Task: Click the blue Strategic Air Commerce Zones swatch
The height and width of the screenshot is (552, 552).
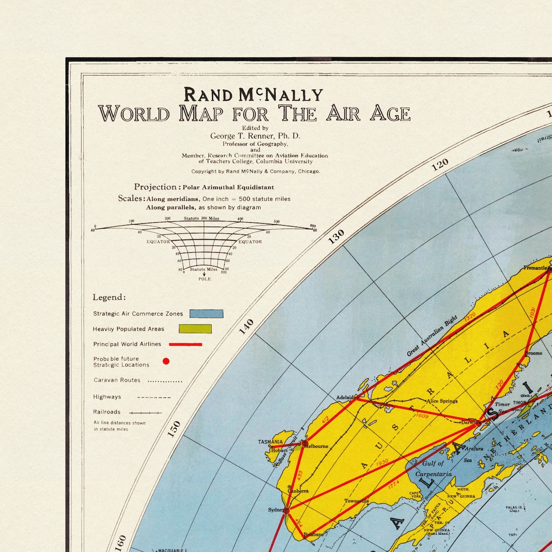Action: (x=206, y=314)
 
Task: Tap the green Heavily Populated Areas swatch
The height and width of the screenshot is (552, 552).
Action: (x=195, y=329)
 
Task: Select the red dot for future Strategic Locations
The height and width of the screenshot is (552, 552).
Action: (x=166, y=361)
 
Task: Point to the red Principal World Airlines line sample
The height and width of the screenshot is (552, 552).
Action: (x=185, y=344)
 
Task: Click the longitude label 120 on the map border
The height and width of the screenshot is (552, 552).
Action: (x=440, y=165)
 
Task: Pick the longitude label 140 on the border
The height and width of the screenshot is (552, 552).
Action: (x=246, y=327)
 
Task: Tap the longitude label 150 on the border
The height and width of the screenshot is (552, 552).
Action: (x=174, y=429)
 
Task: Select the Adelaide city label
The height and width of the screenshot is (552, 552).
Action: (x=345, y=398)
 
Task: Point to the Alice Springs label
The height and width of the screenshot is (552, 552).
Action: (x=442, y=401)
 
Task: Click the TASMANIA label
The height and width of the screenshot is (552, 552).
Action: (x=270, y=442)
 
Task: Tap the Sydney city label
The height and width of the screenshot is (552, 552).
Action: (x=276, y=510)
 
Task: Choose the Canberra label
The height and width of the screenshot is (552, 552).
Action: (x=298, y=491)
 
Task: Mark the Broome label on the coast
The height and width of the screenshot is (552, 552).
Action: (x=534, y=353)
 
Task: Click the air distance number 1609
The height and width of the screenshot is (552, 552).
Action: (x=422, y=415)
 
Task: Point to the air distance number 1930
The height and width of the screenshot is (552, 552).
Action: (x=382, y=463)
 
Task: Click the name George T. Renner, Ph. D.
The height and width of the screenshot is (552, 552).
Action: (x=255, y=136)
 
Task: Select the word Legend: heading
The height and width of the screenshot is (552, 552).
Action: (x=109, y=297)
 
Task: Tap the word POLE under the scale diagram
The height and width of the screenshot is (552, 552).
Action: (x=204, y=279)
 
